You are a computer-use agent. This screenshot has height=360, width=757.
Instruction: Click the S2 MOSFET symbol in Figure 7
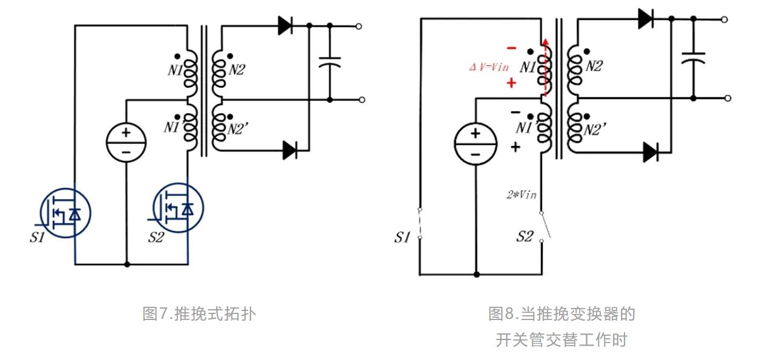[179, 208]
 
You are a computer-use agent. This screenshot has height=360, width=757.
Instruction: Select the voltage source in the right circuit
[475, 147]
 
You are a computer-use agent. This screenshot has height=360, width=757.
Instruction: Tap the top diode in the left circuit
[286, 25]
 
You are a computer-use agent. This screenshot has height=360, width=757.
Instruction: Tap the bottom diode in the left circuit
[291, 149]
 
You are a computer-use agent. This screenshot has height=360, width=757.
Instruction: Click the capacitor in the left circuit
[330, 62]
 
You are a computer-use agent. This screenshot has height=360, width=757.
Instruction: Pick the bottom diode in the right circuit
[650, 152]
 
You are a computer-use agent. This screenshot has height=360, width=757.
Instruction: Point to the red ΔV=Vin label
[489, 67]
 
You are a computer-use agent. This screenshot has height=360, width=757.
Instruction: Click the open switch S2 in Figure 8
[545, 226]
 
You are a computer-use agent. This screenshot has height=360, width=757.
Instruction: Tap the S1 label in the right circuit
[402, 237]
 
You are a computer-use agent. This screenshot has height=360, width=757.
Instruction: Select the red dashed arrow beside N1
[546, 67]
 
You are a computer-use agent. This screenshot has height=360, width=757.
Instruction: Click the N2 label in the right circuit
[594, 67]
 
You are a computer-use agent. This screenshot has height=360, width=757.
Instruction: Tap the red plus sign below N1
[511, 82]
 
